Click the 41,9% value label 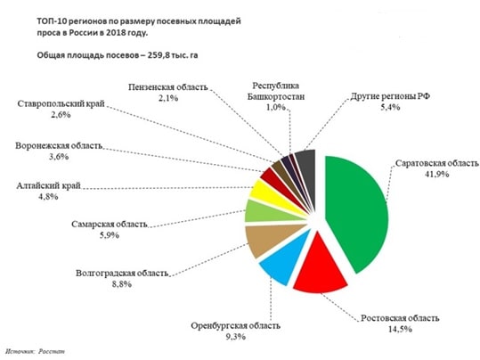coord(436,175)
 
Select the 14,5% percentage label coord(400,330)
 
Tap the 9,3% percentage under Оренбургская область coord(236,337)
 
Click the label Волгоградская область coord(122,273)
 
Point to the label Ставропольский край coord(61,104)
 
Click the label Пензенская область coord(168,87)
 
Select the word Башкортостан coord(276,97)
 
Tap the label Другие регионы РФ coord(390,96)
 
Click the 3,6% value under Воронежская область coord(59,157)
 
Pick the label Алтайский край coord(48,185)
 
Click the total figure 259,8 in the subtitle coord(159,55)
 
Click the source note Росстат coord(52,351)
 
